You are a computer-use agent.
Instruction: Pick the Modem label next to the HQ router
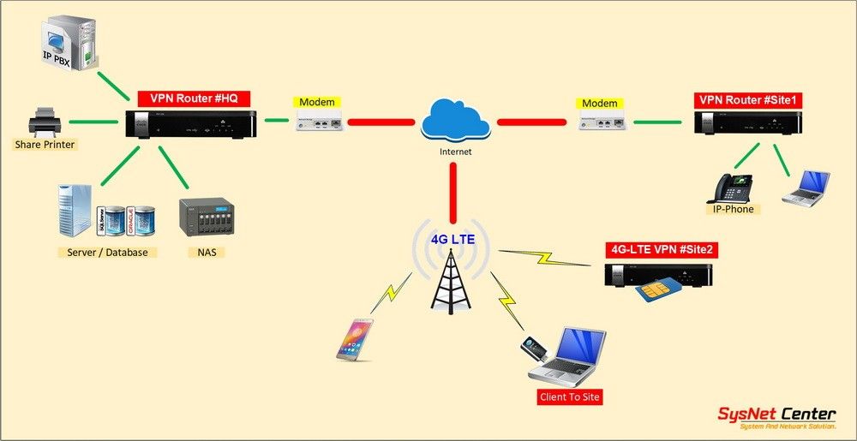316,103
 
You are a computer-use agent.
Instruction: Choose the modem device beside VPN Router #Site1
601,122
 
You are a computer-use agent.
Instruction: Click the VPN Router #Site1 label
747,100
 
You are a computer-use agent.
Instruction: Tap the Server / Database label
107,252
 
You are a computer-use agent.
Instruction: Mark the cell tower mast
451,283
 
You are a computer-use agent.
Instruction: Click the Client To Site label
569,396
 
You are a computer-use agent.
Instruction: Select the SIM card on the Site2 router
656,292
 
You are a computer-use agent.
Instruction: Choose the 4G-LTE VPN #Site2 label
660,250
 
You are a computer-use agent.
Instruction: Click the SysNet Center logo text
776,415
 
